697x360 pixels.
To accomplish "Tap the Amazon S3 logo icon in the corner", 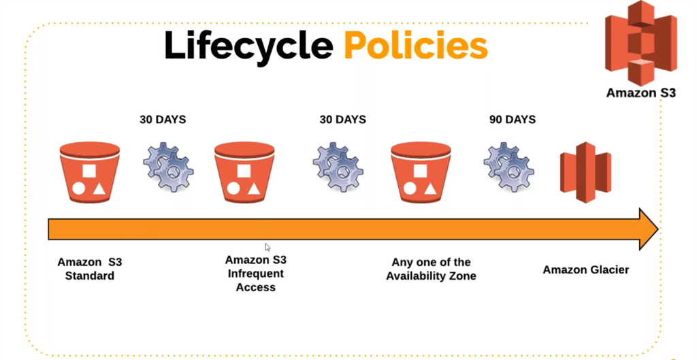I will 641,43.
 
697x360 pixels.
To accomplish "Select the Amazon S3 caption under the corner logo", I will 641,93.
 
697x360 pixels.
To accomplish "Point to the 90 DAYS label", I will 512,120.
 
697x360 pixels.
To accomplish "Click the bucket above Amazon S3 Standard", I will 90,172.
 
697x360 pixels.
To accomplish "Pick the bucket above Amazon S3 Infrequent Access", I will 244,172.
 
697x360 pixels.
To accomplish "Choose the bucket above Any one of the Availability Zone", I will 421,172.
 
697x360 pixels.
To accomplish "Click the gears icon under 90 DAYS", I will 508,167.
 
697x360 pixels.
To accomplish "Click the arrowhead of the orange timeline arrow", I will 647,229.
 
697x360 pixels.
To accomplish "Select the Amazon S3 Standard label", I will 89,269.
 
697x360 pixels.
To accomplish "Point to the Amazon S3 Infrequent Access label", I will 256,274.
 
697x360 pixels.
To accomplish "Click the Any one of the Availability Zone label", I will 431,269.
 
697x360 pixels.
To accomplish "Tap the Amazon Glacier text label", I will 585,269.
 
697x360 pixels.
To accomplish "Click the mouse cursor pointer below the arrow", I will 268,247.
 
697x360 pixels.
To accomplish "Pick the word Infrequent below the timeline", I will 256,274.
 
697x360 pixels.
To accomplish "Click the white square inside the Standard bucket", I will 89,170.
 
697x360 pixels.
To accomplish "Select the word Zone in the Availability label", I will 462,276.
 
